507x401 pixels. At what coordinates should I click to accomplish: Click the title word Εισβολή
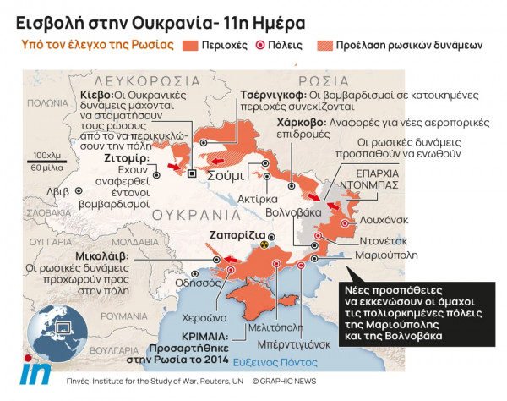[41, 18]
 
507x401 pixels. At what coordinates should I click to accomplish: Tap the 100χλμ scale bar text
[47, 157]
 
